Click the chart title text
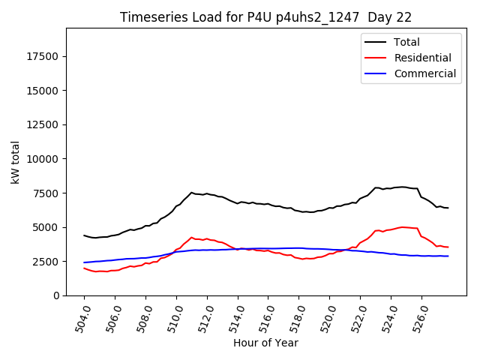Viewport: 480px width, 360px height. (x=265, y=16)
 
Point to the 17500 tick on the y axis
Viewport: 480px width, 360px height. (x=43, y=56)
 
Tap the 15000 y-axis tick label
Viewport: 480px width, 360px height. (x=43, y=91)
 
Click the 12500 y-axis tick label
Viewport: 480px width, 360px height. (x=43, y=124)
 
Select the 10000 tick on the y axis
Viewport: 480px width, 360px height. (x=43, y=159)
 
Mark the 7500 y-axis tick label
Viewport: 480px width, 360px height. (x=46, y=193)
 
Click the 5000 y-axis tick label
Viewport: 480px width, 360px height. (x=46, y=227)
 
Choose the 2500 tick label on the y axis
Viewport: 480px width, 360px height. (x=46, y=261)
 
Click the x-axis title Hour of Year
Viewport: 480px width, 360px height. (x=265, y=343)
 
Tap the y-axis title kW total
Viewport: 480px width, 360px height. (x=15, y=161)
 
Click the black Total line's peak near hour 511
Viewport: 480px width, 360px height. (x=191, y=193)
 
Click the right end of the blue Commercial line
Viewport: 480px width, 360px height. (x=448, y=256)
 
